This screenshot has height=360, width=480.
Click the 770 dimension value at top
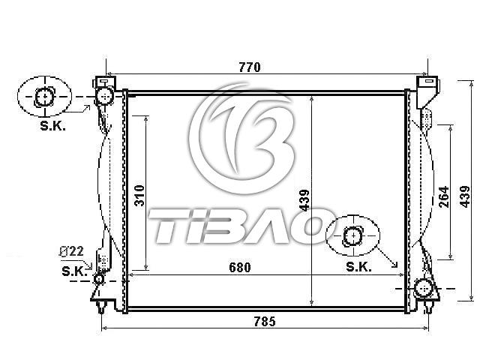pyautogui.click(x=250, y=67)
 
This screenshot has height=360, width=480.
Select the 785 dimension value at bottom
pyautogui.click(x=265, y=322)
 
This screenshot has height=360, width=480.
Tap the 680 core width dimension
pyautogui.click(x=240, y=268)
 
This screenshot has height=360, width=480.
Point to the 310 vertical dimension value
pyautogui.click(x=139, y=195)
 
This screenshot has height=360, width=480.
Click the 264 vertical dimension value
pyautogui.click(x=444, y=196)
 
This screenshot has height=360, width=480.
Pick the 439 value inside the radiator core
pyautogui.click(x=304, y=200)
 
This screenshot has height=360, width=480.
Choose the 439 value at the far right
pyautogui.click(x=465, y=196)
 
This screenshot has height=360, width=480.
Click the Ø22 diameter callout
pyautogui.click(x=71, y=251)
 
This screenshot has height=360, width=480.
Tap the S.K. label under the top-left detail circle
pyautogui.click(x=52, y=126)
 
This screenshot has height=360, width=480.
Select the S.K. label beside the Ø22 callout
pyautogui.click(x=74, y=271)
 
